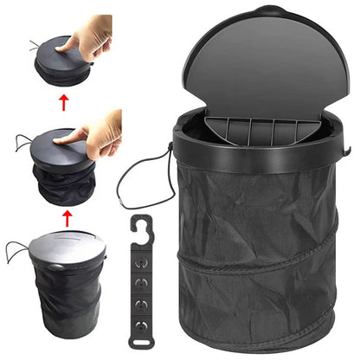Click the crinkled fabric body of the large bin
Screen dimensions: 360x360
click(260, 251)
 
